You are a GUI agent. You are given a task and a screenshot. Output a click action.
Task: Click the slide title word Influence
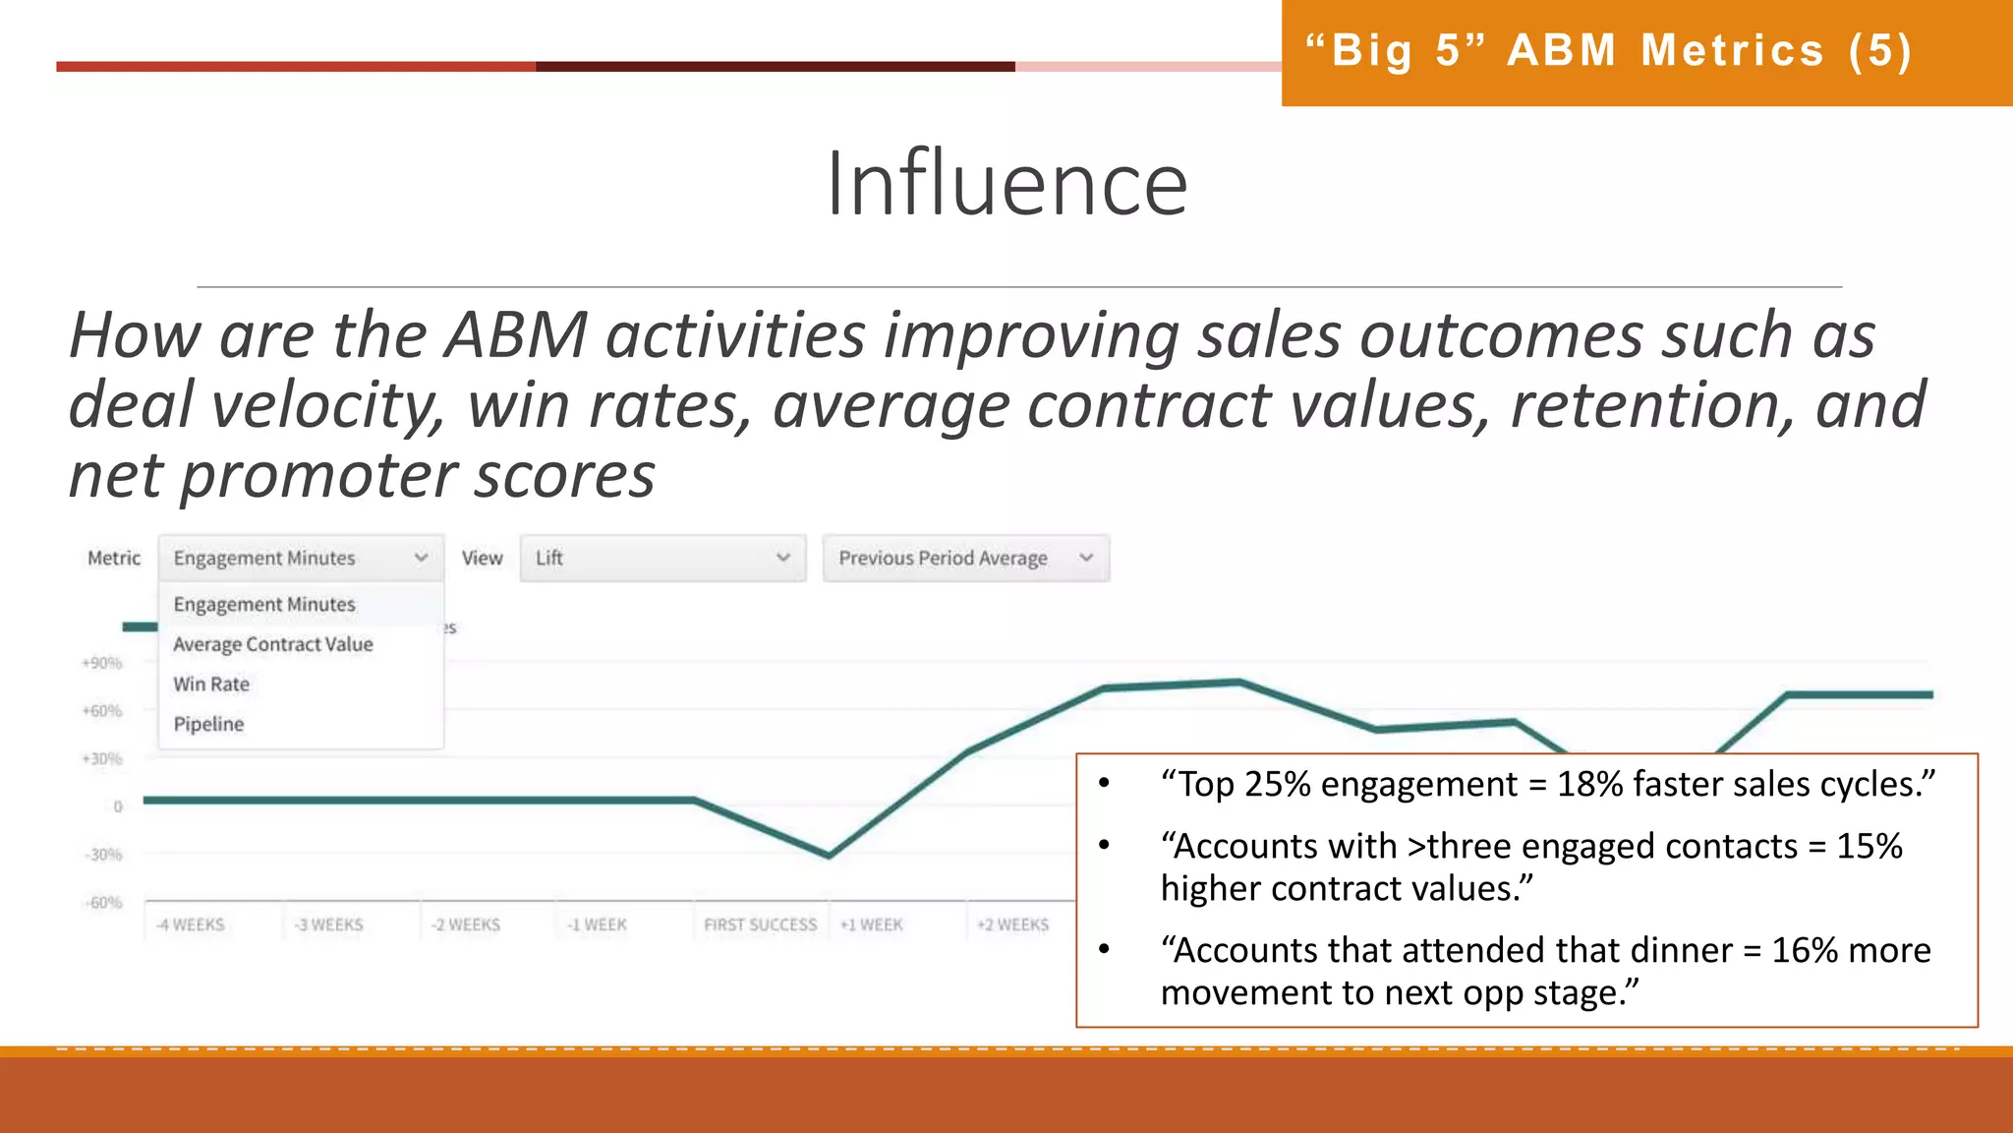pyautogui.click(x=1006, y=184)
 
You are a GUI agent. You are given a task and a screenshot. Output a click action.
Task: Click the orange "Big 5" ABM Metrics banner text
pyautogui.click(x=1608, y=51)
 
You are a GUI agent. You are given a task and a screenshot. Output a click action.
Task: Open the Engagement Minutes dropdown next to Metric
pyautogui.click(x=301, y=558)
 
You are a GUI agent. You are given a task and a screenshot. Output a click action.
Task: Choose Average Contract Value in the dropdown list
pyautogui.click(x=273, y=644)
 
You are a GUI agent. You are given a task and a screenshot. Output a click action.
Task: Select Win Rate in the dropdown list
pyautogui.click(x=211, y=684)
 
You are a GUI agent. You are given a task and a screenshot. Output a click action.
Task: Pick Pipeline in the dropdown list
pyautogui.click(x=208, y=724)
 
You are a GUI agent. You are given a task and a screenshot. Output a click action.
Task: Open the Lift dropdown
pyautogui.click(x=662, y=558)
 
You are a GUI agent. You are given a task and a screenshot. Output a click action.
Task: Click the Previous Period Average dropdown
pyautogui.click(x=965, y=558)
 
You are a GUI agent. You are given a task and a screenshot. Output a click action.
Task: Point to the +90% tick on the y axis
pyautogui.click(x=102, y=663)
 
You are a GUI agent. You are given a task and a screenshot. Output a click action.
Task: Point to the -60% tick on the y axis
pyautogui.click(x=103, y=902)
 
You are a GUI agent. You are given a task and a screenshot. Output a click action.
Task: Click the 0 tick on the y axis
pyautogui.click(x=118, y=806)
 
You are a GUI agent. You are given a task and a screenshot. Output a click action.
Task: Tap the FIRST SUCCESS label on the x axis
pyautogui.click(x=760, y=924)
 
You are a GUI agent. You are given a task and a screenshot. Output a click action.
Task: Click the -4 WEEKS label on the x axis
pyautogui.click(x=191, y=924)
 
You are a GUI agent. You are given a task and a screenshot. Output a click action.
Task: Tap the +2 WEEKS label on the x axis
pyautogui.click(x=1012, y=924)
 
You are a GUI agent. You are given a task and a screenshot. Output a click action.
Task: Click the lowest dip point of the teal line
pyautogui.click(x=830, y=855)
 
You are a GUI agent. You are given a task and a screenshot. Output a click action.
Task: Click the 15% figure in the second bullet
pyautogui.click(x=1869, y=846)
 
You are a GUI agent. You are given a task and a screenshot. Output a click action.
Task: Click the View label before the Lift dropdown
pyautogui.click(x=482, y=558)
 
